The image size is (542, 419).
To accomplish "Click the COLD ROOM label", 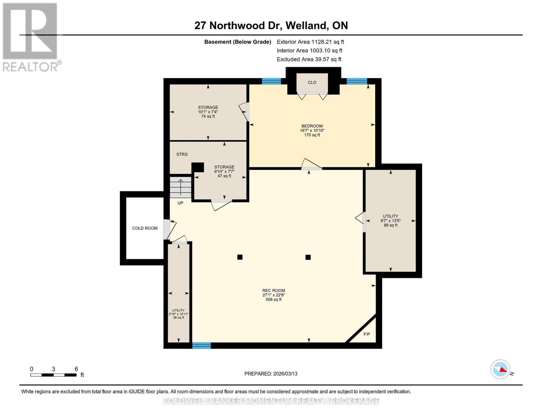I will (x=145, y=228).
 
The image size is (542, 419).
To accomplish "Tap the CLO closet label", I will (x=312, y=82).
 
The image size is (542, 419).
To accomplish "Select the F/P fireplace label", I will (x=367, y=334).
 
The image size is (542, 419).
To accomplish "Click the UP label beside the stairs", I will (x=180, y=203).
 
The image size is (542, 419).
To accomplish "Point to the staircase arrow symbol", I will (x=180, y=187).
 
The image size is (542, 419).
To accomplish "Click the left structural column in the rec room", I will (x=240, y=257).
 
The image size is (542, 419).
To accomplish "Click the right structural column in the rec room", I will (x=308, y=257).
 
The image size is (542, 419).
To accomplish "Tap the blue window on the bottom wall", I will (x=201, y=346).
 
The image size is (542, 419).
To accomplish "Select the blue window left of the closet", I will (x=271, y=81).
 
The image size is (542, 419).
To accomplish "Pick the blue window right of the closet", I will (x=357, y=81).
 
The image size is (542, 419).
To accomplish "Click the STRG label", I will (x=182, y=154).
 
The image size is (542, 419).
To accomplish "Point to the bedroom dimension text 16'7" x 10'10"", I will (x=312, y=131).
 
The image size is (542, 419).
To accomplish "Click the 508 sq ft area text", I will (x=274, y=300).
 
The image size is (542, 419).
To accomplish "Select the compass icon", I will (x=500, y=369).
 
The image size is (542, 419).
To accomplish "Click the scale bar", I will (x=53, y=375).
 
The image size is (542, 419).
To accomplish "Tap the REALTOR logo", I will (x=31, y=37).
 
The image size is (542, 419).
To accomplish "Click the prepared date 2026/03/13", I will (x=271, y=374).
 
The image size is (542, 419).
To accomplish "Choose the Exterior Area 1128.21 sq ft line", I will (x=310, y=42).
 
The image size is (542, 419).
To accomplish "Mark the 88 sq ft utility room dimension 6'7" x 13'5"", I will (x=391, y=221).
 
